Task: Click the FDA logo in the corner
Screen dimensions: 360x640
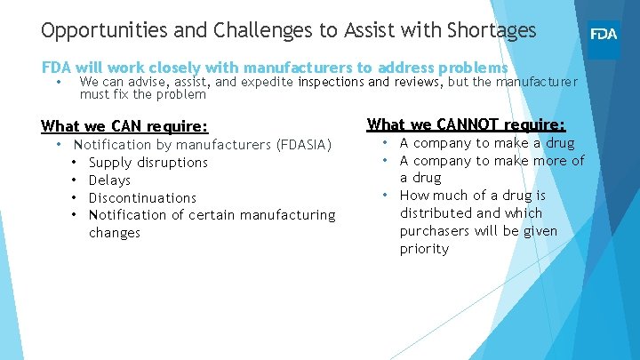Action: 604,36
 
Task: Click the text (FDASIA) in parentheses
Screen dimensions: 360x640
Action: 304,144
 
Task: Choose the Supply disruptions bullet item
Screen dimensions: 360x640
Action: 148,162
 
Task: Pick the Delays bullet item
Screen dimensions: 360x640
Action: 110,180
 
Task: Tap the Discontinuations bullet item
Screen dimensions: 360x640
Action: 142,197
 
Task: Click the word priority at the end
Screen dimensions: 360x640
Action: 424,249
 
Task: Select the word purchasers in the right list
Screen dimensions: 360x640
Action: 434,231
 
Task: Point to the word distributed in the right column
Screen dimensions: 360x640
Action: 436,213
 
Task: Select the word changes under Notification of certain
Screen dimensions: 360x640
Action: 115,233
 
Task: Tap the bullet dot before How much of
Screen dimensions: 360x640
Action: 388,196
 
